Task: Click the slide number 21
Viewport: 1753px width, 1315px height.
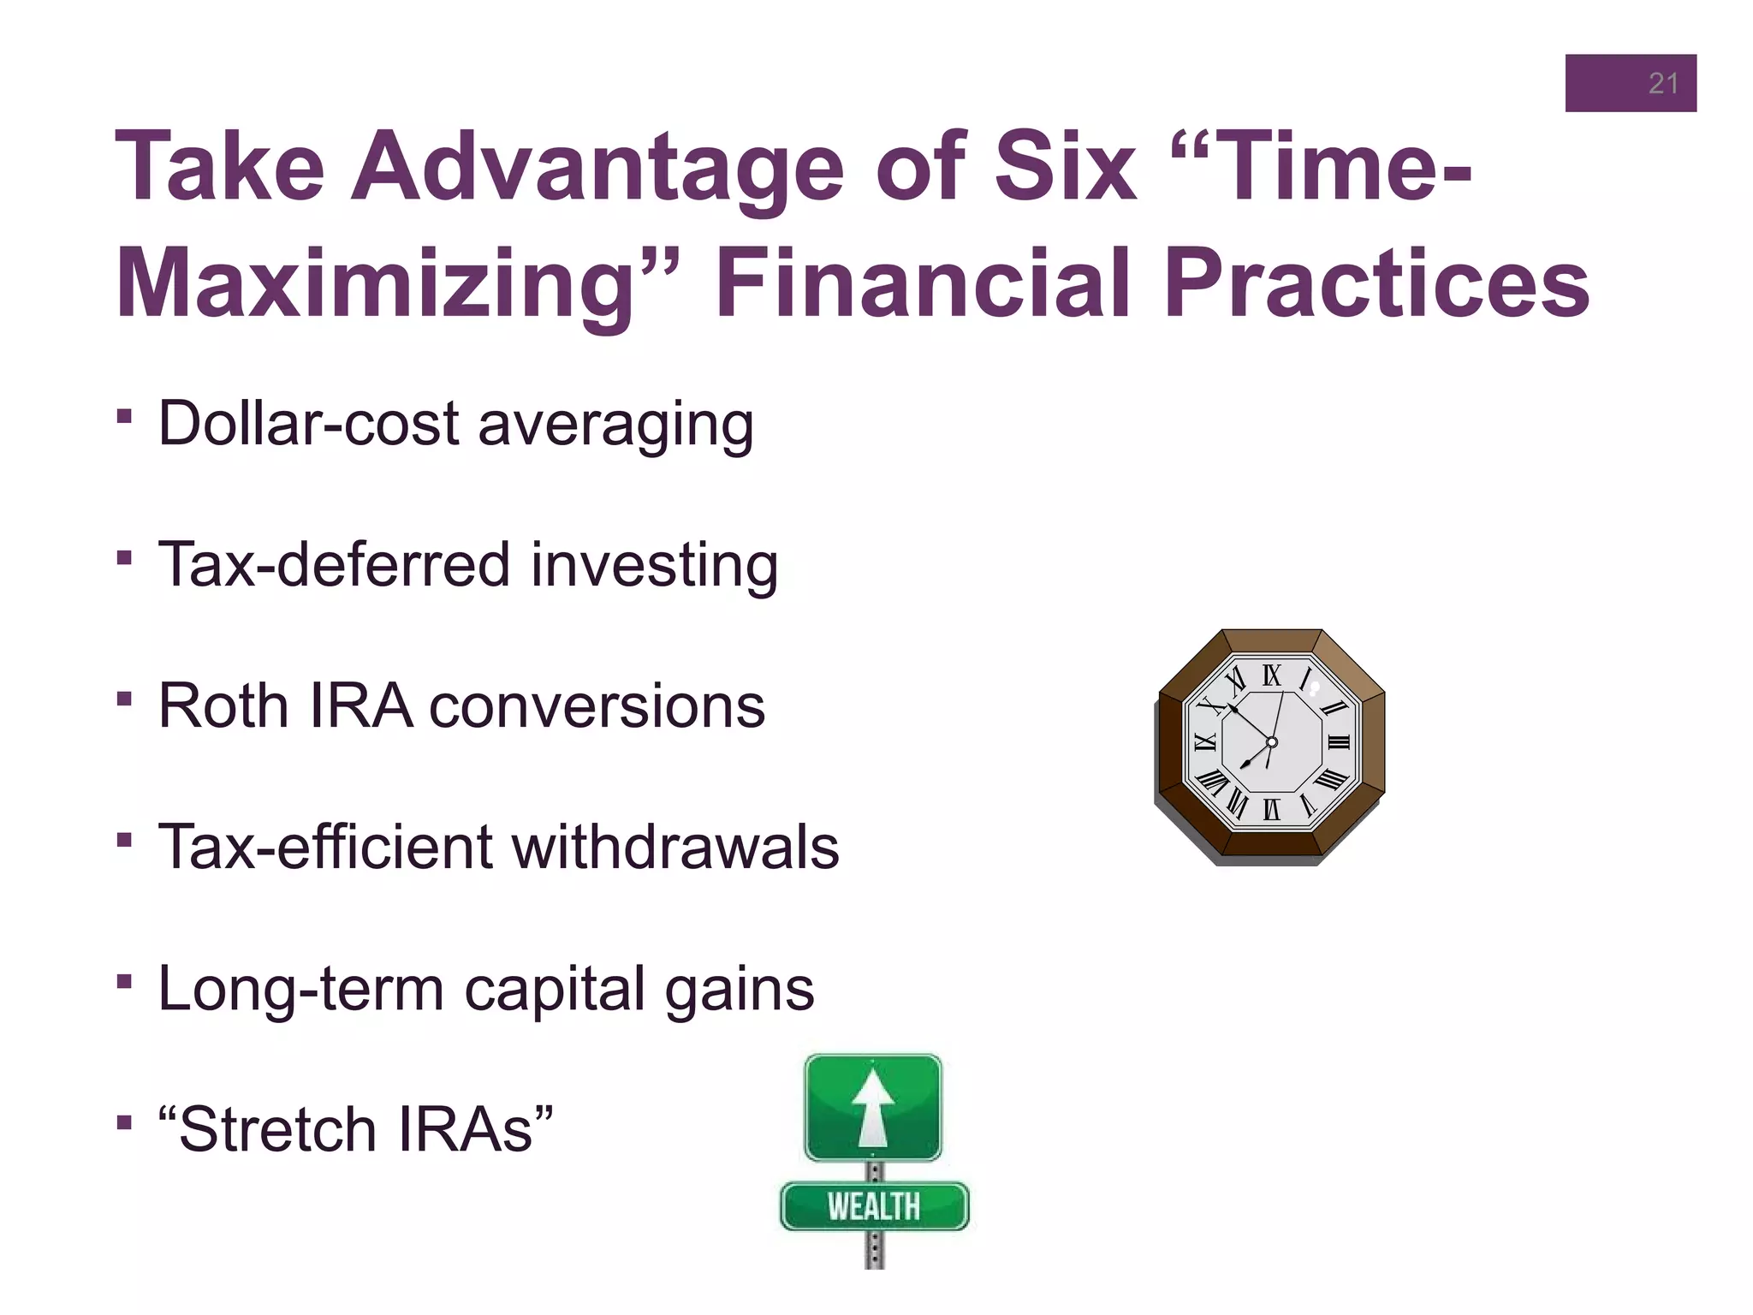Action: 1662,83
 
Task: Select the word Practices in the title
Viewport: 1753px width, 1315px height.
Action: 1376,283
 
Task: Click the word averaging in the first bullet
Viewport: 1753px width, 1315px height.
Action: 615,425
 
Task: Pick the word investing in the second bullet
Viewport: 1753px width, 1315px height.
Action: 654,566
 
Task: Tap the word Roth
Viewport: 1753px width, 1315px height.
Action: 223,706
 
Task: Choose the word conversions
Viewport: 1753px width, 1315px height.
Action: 597,707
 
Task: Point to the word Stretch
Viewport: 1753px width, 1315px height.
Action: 279,1130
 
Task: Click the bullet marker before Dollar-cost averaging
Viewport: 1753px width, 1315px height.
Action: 125,417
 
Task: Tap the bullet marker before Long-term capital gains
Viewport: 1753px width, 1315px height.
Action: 125,980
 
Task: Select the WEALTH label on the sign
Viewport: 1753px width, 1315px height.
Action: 873,1206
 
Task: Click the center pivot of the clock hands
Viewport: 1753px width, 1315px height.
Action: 1272,742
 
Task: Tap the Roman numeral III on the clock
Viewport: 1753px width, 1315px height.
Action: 1338,742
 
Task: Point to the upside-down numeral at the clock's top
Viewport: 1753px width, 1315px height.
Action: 1272,676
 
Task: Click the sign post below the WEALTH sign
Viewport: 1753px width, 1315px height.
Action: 874,1250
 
